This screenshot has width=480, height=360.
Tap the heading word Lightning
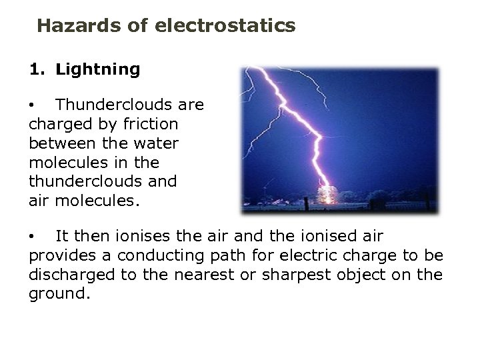coord(98,69)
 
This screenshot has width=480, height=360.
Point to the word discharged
coord(69,275)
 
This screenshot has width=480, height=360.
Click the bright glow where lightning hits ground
coord(327,195)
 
